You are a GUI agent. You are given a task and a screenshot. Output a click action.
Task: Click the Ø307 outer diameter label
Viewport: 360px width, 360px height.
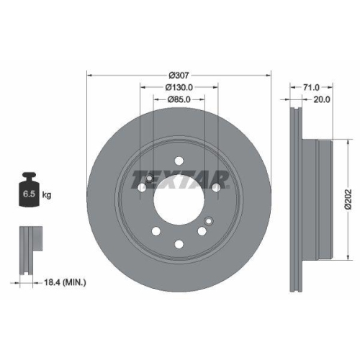click(179, 76)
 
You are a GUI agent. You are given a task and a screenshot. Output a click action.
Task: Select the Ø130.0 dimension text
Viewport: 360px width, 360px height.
click(179, 87)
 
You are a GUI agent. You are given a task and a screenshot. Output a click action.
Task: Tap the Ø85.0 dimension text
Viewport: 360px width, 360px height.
click(179, 99)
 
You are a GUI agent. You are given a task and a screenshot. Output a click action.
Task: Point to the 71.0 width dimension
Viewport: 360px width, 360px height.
click(311, 88)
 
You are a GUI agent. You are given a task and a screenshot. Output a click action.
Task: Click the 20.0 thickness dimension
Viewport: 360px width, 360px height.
click(322, 99)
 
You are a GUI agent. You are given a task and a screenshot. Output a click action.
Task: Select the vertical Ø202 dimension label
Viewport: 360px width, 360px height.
click(348, 199)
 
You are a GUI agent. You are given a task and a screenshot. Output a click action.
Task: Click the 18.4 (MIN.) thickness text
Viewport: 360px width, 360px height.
click(65, 282)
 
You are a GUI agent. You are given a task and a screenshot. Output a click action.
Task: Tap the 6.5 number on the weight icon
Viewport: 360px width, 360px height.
click(29, 194)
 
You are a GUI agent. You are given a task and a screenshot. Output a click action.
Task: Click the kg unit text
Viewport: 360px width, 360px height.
click(47, 194)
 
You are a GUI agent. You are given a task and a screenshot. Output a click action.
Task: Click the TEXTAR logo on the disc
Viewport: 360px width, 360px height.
click(180, 179)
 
